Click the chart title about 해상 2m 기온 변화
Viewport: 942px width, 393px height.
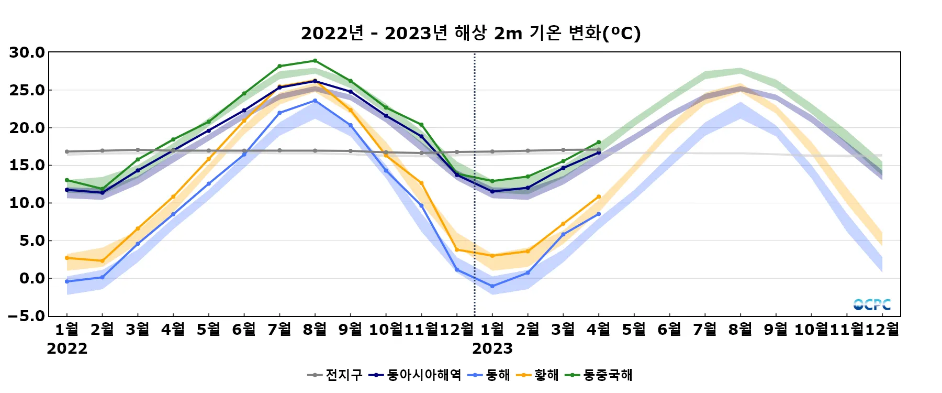point(470,34)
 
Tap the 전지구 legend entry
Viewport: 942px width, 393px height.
point(335,375)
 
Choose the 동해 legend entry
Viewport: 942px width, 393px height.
point(489,375)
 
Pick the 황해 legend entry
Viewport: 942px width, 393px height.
point(537,375)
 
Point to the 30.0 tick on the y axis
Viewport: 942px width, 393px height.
point(27,52)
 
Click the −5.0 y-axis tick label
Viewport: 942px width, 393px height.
point(27,316)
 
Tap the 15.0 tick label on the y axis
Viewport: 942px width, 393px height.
point(27,166)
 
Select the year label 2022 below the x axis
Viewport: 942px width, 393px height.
point(67,349)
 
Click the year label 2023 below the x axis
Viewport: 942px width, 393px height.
point(492,349)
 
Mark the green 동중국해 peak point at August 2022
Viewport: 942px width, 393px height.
point(315,61)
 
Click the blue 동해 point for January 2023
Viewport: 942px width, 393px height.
point(492,286)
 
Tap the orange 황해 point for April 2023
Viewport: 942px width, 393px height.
point(599,197)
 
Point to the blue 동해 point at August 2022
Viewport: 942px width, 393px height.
point(315,101)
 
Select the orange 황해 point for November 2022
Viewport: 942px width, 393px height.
point(421,183)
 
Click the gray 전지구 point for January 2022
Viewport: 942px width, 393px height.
point(67,151)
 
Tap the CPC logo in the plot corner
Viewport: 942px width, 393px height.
point(872,304)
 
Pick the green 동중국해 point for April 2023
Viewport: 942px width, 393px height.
point(599,143)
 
